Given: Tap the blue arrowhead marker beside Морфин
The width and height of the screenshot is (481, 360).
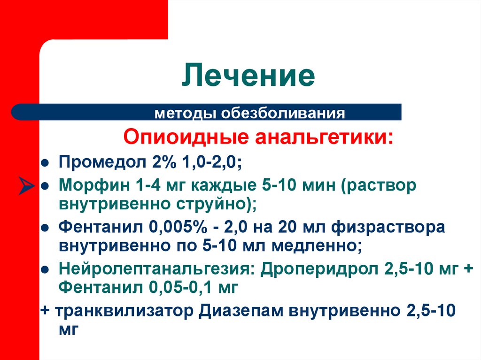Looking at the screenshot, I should tap(27, 185).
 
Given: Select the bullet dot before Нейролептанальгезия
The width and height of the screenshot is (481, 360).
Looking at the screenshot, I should tap(44, 269).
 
